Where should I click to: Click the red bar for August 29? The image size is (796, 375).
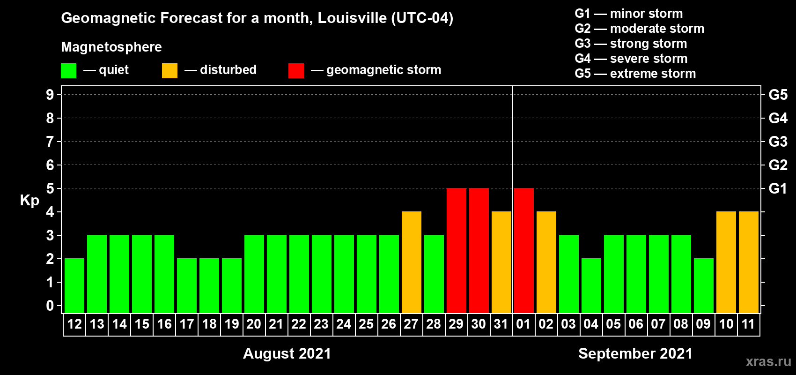click(457, 250)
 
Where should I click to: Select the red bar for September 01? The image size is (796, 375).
click(524, 250)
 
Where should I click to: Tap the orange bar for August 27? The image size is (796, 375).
click(412, 262)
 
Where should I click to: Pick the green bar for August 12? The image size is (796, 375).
click(74, 285)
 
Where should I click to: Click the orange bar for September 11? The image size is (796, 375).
click(749, 262)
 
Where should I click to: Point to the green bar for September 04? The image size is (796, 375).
click(591, 285)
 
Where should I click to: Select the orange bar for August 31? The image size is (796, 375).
click(501, 262)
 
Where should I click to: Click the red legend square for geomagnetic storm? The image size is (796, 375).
click(296, 71)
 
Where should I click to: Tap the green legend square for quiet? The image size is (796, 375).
click(68, 71)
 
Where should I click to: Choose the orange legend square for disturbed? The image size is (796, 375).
click(170, 71)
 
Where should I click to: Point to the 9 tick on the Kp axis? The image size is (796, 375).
click(50, 95)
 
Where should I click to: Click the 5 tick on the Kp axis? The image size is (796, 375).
click(50, 188)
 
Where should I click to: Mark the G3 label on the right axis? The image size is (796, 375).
click(778, 142)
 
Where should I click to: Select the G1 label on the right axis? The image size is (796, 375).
click(778, 188)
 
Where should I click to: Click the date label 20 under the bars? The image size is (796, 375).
click(254, 324)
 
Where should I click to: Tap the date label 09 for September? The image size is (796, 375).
click(703, 324)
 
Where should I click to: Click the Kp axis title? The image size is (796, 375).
click(29, 201)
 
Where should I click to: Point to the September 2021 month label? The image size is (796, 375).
click(635, 353)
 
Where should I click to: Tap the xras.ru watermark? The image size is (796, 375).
click(768, 361)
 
